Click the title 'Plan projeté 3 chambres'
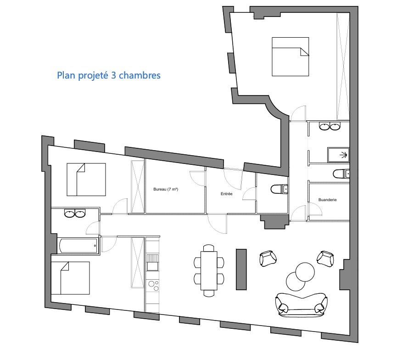(109, 75)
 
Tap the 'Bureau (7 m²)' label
(166, 189)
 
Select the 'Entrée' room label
(226, 194)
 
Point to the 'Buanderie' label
(327, 200)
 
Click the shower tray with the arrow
(338, 155)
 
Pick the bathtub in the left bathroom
(78, 246)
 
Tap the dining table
(209, 270)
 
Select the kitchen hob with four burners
(152, 285)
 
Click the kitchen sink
(152, 262)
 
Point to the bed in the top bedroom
(291, 57)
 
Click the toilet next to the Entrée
(279, 189)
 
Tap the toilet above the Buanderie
(341, 174)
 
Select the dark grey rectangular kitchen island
(241, 270)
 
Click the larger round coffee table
(305, 272)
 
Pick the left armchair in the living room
(268, 259)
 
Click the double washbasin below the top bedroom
(330, 126)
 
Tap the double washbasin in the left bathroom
(75, 214)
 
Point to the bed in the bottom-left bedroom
(71, 278)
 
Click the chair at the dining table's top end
(209, 248)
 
